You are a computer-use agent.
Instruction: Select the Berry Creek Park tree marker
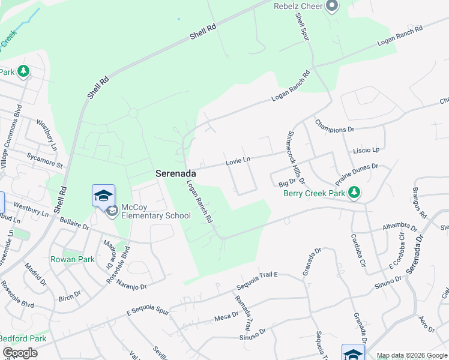[x=355, y=193]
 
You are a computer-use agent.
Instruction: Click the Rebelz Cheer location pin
[x=332, y=7]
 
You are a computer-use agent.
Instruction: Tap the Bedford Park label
[x=22, y=338]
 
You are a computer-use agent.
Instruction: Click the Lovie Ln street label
[x=237, y=160]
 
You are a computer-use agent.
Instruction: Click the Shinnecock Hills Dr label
[x=297, y=157]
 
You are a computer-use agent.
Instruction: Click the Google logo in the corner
[x=19, y=353]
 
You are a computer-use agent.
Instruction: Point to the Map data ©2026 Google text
[x=412, y=355]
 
